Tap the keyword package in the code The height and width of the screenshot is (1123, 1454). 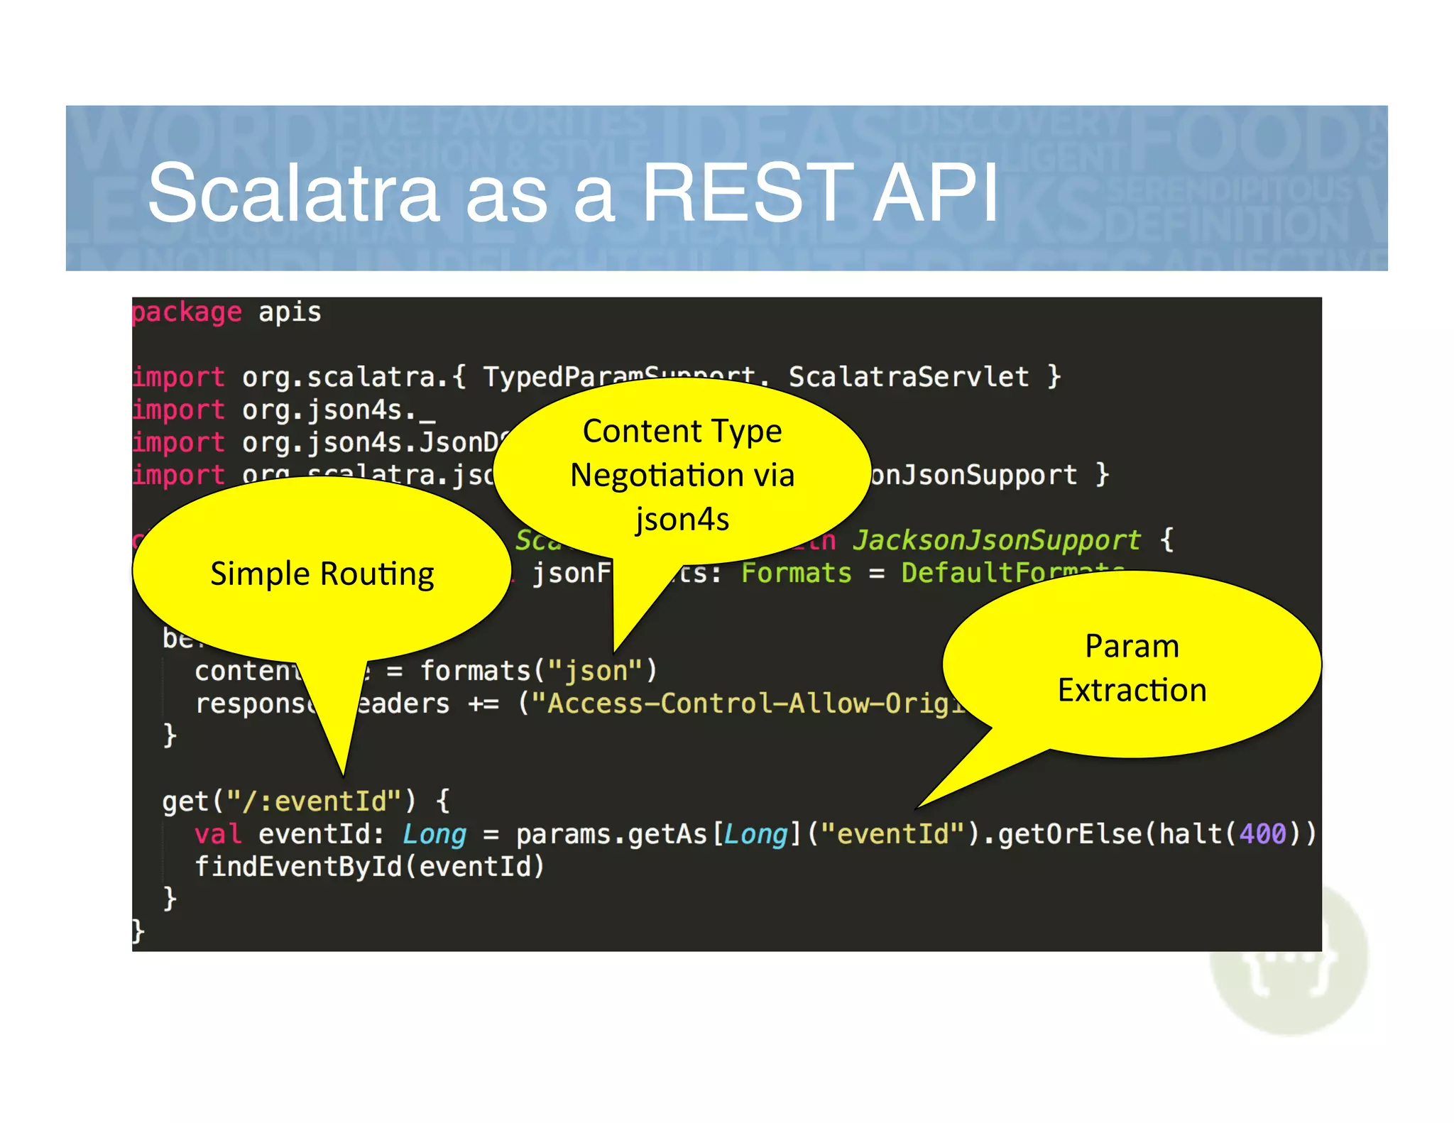point(187,312)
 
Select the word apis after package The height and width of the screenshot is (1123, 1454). point(290,312)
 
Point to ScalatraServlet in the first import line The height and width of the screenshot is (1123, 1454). point(909,376)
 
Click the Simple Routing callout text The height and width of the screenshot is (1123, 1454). point(322,574)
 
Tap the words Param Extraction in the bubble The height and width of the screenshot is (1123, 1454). point(1132,667)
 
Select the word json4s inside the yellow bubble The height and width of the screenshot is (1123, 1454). point(682,519)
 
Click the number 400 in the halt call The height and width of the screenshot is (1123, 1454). point(1263,833)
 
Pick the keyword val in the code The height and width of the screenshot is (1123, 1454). point(218,833)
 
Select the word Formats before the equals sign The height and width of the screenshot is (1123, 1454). point(796,573)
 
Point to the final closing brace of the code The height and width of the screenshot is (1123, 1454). point(138,931)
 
